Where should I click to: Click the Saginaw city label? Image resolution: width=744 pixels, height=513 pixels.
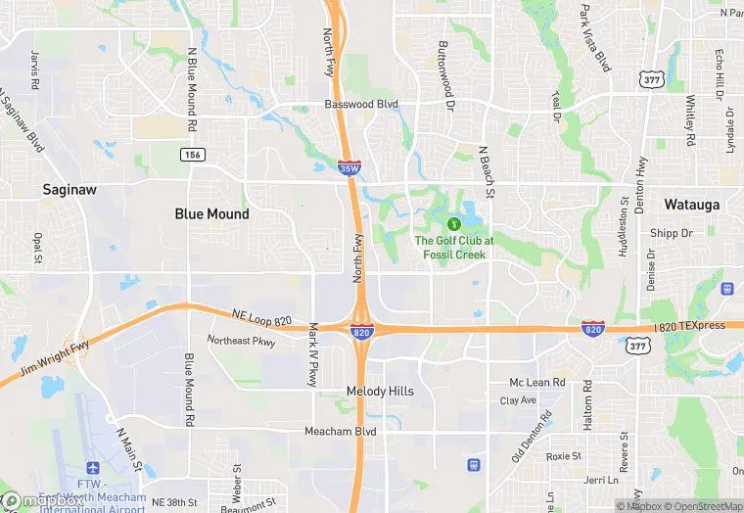point(69,190)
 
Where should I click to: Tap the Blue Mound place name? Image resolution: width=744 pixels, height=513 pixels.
point(211,213)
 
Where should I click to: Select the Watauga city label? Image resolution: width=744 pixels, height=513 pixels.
point(692,205)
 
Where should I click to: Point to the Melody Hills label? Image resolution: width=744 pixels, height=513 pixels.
point(380,391)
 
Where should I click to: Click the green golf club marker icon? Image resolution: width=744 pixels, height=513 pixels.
point(453,224)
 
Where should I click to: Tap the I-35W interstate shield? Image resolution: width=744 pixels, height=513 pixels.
point(347,167)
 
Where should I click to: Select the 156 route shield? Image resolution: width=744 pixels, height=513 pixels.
point(191,155)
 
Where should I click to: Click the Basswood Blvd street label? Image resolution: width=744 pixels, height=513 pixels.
point(362,105)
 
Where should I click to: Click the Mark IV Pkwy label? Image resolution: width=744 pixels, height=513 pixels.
point(314,353)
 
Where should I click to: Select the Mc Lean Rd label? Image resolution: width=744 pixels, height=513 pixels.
point(537,382)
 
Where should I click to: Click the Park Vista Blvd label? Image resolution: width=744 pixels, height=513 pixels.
point(595,37)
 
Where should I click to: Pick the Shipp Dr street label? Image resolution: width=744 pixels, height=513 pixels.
point(671,233)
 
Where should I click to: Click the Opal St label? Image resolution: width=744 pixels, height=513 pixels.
point(37,249)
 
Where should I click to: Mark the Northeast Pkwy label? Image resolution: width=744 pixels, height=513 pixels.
point(242,340)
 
